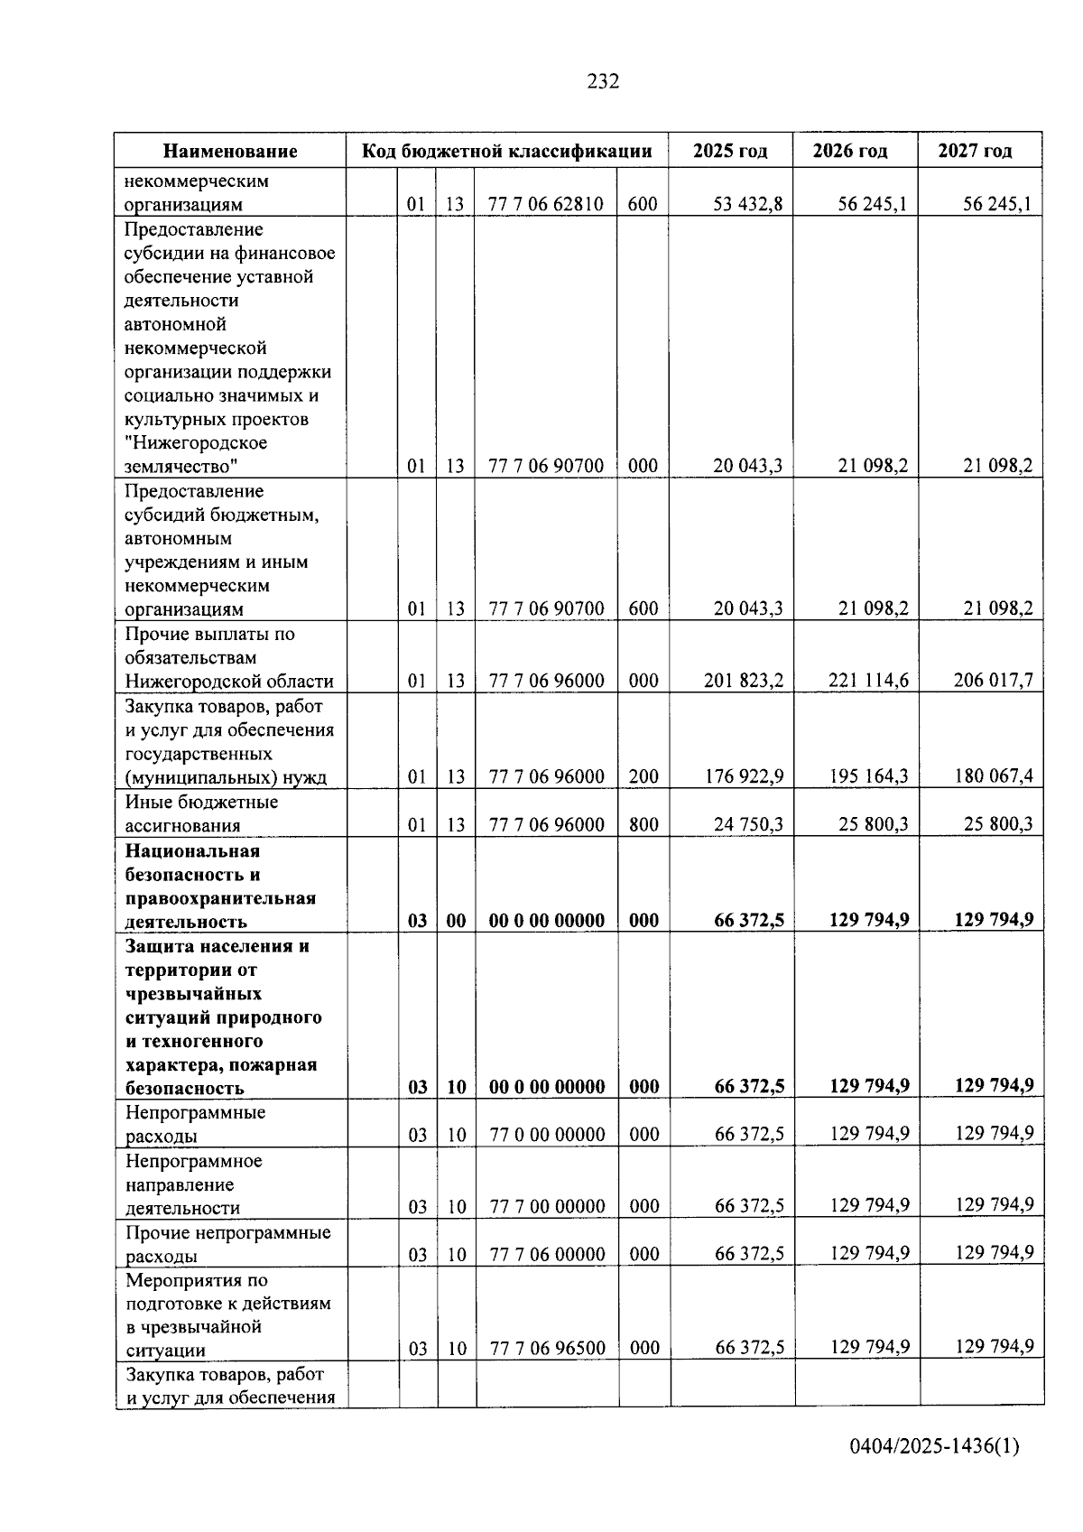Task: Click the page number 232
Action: click(x=603, y=81)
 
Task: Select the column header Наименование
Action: click(x=230, y=151)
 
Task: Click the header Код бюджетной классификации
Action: click(x=506, y=151)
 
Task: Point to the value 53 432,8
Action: click(x=747, y=204)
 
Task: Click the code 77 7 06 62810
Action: click(x=545, y=204)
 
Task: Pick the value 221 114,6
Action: click(x=868, y=681)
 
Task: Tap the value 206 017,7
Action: click(x=993, y=681)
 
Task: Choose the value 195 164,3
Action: click(x=868, y=776)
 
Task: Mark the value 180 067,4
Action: click(x=993, y=776)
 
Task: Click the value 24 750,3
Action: click(x=747, y=824)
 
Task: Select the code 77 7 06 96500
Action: click(x=547, y=1348)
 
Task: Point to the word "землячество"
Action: click(x=180, y=467)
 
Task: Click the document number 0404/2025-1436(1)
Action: click(x=933, y=1446)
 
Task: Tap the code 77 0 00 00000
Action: click(x=547, y=1134)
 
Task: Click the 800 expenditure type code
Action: click(x=643, y=824)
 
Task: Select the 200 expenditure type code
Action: click(x=643, y=776)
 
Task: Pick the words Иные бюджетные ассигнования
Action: click(x=201, y=813)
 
